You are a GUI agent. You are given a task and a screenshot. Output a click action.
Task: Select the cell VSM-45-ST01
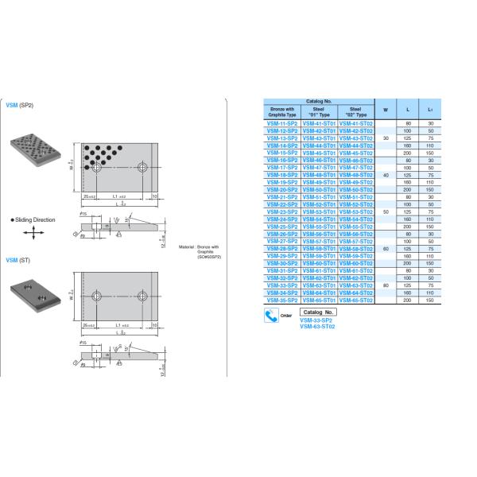320,153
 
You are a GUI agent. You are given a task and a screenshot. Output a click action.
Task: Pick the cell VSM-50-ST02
356,189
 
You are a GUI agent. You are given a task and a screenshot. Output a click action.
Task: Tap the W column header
386,110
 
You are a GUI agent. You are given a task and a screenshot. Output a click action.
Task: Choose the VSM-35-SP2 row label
282,301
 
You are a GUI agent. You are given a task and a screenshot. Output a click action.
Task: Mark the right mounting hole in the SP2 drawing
142,168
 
